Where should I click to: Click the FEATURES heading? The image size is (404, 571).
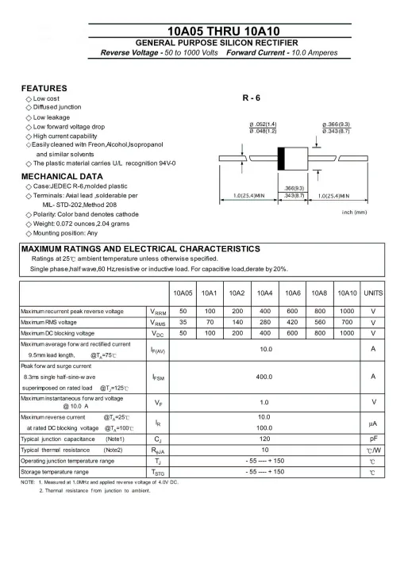[x=44, y=88]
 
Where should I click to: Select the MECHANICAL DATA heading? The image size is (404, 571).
[x=62, y=176]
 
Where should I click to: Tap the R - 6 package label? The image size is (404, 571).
[x=252, y=98]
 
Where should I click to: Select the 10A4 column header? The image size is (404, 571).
[x=264, y=293]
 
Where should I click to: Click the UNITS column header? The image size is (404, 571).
[x=373, y=293]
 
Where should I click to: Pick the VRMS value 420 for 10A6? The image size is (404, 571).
[x=292, y=323]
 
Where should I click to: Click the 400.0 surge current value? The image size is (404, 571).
[x=265, y=377]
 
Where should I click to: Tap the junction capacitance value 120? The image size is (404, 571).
[x=265, y=438]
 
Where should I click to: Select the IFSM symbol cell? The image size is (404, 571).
[x=158, y=377]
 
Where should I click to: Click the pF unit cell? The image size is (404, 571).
[x=373, y=438]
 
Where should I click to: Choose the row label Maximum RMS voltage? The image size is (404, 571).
[x=48, y=323]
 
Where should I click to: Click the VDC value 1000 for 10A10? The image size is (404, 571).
[x=347, y=334]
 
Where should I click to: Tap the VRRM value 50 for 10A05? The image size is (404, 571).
[x=183, y=311]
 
